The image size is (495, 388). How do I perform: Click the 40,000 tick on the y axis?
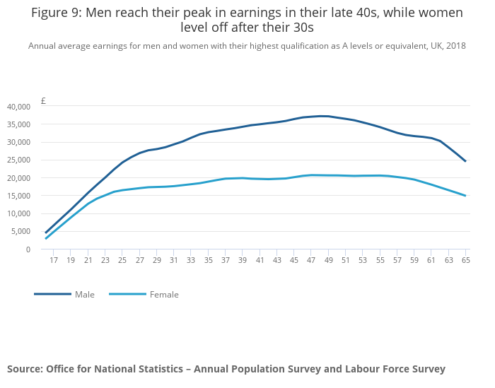[19, 107]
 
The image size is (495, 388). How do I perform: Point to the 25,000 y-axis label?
[19, 160]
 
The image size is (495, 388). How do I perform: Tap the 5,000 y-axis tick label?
[21, 231]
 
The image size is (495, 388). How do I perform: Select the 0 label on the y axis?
[28, 249]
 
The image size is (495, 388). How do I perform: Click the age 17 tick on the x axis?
[54, 260]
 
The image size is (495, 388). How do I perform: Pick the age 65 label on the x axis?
[465, 260]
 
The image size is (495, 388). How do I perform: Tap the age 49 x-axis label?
[328, 260]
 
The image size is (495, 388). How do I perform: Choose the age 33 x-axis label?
[191, 260]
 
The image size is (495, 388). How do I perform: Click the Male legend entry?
[84, 295]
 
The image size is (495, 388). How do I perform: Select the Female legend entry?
[164, 295]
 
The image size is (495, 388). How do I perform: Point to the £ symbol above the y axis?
[43, 101]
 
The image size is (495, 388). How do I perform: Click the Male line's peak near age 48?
[321, 116]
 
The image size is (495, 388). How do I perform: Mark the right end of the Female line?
[465, 196]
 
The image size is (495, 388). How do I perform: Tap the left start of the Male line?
[46, 233]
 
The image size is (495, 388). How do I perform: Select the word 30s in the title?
[300, 28]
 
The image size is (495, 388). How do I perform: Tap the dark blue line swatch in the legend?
[52, 294]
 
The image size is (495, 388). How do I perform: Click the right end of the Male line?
[465, 161]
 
